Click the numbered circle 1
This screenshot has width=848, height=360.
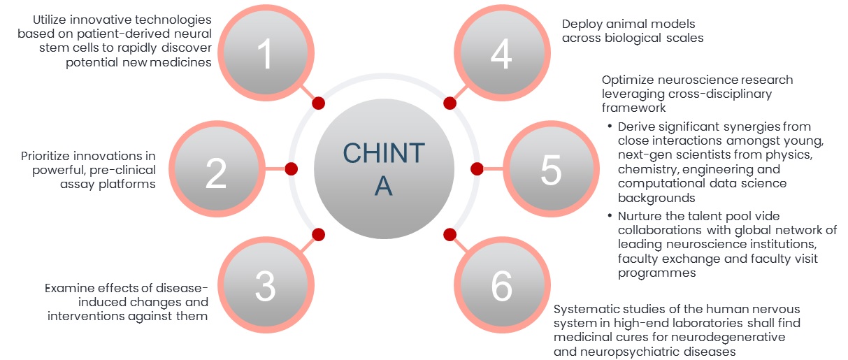266,55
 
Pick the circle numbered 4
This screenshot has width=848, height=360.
501,55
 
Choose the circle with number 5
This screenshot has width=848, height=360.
551,170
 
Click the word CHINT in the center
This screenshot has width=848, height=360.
383,153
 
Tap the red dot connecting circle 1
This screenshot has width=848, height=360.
318,103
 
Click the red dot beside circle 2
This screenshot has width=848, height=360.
292,169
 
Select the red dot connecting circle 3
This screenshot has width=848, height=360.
318,234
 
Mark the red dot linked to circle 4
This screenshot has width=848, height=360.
450,103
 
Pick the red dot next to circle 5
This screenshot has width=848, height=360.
477,169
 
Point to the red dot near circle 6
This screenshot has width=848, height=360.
450,234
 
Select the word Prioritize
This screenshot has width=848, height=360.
46,156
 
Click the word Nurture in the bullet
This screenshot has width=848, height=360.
639,216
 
